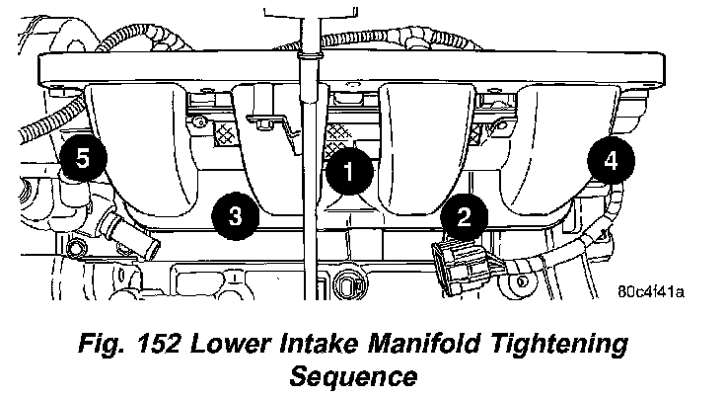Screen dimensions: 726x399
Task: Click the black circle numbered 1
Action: click(x=348, y=170)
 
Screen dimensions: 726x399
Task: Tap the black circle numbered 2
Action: click(x=463, y=212)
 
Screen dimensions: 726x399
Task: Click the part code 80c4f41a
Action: click(x=651, y=292)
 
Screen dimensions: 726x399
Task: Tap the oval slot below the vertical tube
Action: click(x=349, y=287)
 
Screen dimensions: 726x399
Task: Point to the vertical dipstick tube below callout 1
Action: click(x=310, y=237)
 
